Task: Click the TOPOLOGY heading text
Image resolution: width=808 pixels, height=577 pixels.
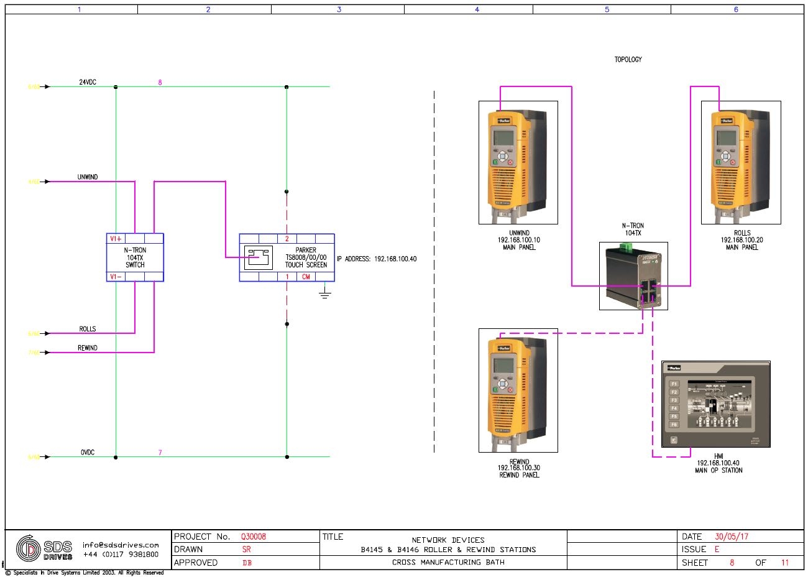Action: [x=628, y=60]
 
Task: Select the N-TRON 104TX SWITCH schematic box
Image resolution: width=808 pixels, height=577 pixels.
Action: [x=135, y=257]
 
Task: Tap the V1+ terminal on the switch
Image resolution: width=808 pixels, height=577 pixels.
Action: [x=116, y=239]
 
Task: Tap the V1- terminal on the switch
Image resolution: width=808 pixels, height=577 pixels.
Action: [x=116, y=277]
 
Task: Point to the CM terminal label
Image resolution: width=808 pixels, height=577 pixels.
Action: [x=306, y=277]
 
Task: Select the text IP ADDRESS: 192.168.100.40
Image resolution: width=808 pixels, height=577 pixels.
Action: [x=377, y=259]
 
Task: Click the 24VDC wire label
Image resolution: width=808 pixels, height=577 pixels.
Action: [x=87, y=83]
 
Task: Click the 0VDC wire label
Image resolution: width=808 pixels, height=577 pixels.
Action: [x=87, y=453]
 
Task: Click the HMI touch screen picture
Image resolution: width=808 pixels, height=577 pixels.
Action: [x=715, y=404]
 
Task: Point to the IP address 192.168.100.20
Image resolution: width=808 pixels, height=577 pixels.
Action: [x=741, y=240]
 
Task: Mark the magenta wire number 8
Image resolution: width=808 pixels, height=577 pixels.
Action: [x=160, y=83]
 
